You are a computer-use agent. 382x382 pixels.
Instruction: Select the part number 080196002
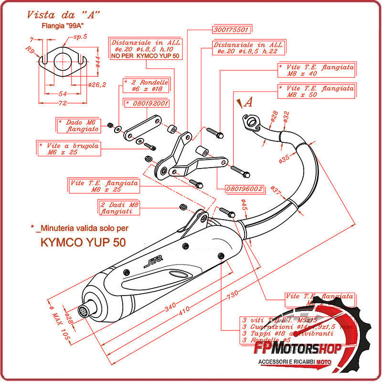click(244, 189)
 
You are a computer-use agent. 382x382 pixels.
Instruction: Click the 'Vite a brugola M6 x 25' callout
click(69, 149)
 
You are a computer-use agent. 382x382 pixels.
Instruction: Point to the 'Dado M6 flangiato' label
click(78, 126)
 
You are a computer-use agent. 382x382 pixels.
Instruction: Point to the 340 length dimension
click(170, 308)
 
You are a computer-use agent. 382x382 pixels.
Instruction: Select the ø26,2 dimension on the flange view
click(97, 85)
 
